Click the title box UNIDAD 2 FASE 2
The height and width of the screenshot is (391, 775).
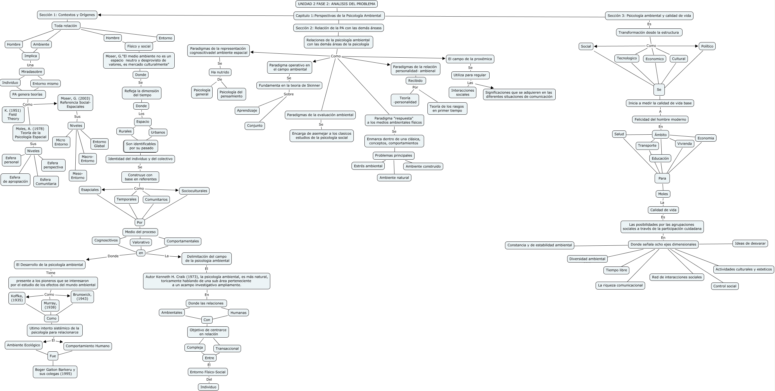[x=336, y=4]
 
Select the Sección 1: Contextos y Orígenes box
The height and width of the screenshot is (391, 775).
[x=67, y=15]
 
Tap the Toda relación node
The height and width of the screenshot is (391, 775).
[x=66, y=26]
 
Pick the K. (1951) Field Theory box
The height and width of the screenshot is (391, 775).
[x=13, y=115]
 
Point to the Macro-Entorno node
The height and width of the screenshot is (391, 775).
[x=87, y=159]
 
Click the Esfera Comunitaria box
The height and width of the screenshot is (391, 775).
[x=46, y=182]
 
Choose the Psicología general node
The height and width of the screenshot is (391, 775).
[x=202, y=92]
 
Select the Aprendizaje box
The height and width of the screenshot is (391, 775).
[x=247, y=110]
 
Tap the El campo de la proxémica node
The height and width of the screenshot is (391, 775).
[x=470, y=59]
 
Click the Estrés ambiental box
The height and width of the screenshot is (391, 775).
[x=368, y=166]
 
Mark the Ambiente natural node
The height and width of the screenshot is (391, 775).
[x=394, y=178]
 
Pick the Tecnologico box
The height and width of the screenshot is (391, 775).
[x=627, y=58]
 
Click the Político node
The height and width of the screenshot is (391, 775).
[x=707, y=46]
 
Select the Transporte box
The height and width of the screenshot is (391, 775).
[x=647, y=146]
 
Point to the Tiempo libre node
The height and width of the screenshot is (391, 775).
[x=616, y=270]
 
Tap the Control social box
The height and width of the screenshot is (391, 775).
[x=725, y=286]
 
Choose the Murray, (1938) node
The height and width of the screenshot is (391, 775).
[x=50, y=305]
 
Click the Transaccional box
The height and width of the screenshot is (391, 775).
[x=227, y=349]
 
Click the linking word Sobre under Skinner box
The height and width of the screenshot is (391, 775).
[x=289, y=94]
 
